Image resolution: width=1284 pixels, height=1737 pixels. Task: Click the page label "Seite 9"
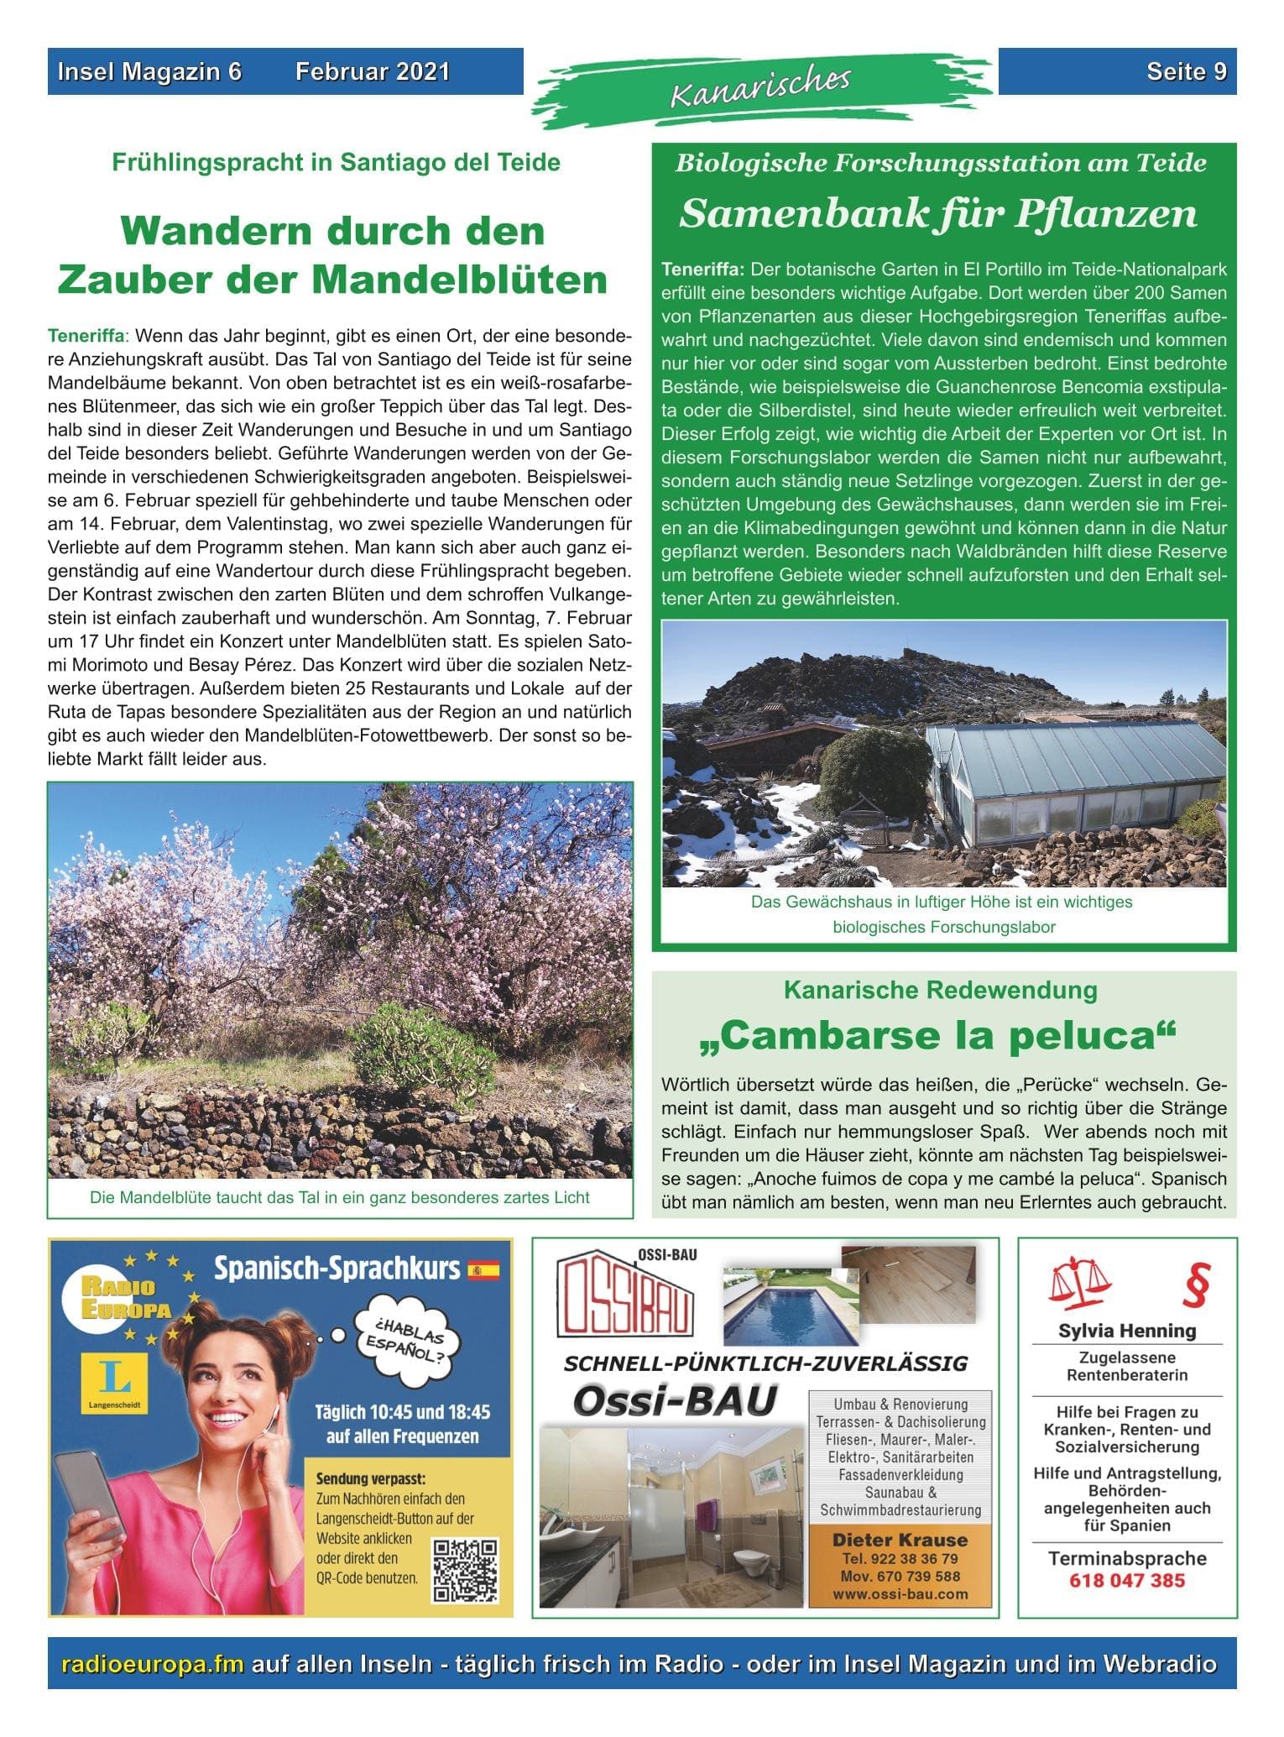pyautogui.click(x=1186, y=72)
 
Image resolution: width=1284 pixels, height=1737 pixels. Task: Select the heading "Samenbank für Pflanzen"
pyautogui.click(x=937, y=214)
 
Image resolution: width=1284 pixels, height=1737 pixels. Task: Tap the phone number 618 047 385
pyautogui.click(x=1126, y=1580)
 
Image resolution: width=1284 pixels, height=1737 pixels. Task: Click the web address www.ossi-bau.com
pyautogui.click(x=900, y=1593)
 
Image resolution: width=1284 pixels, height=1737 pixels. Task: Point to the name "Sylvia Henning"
pyautogui.click(x=1126, y=1331)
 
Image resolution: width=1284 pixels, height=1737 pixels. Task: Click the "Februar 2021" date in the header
pyautogui.click(x=372, y=72)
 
